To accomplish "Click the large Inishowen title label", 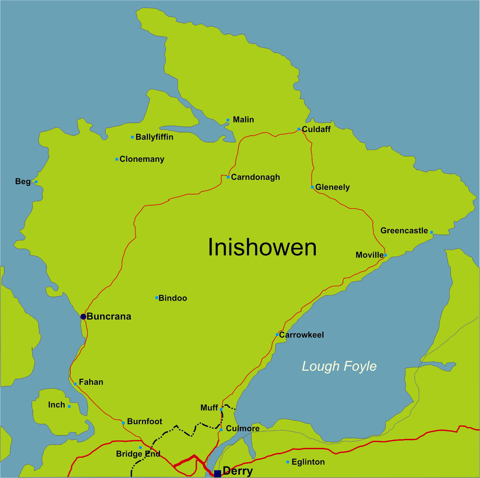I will tap(262, 247).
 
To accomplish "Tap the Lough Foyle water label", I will tap(339, 366).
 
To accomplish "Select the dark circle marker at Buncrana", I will tap(83, 317).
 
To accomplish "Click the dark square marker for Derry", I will tap(217, 473).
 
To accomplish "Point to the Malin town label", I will tap(243, 120).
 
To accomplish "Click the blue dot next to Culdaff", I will tap(299, 129).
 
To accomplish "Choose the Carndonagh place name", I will tap(255, 177).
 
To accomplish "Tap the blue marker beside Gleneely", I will tap(312, 187).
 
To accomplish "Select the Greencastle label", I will tap(404, 231).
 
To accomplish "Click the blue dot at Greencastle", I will tap(431, 232).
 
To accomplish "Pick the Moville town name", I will tap(369, 255).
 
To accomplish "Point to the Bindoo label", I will tap(173, 298).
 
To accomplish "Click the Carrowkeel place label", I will tap(301, 335).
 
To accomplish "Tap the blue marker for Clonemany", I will tap(117, 159).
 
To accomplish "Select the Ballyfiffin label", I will tap(154, 137).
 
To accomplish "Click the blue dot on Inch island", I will tap(69, 406).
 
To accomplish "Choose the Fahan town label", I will tap(91, 382).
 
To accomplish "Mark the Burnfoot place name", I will tap(145, 422).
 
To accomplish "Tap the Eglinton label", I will tap(308, 462).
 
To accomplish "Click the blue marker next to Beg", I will tap(36, 182).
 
